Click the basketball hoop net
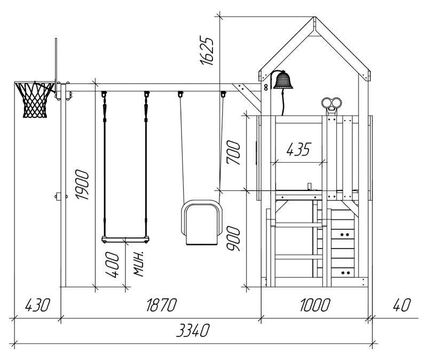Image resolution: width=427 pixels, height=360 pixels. pos(35,100)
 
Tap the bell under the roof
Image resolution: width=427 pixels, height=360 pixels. pos(283,80)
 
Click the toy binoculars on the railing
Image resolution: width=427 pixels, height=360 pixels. pos(331,103)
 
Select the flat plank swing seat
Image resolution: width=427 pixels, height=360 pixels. pos(125,239)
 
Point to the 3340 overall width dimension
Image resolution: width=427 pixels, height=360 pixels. pos(193,330)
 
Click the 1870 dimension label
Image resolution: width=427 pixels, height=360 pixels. pos(162,305)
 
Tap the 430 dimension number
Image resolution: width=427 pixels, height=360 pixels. pos(37,305)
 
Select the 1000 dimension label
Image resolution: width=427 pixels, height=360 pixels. pos(315,305)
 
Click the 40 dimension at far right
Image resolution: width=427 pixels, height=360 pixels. pos(402,305)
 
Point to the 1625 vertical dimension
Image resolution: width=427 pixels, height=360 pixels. pos(207,50)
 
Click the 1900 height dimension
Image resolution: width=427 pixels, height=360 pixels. pos(82,185)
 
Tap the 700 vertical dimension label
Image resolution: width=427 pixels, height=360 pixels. pos(234,153)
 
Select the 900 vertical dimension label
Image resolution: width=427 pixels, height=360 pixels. pos(234,239)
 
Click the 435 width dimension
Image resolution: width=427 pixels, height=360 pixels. pos(298,149)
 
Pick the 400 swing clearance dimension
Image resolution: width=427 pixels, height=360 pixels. pos(112,265)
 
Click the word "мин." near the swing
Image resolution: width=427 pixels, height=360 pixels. pos(139,264)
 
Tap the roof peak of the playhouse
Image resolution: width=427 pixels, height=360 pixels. pos(315,18)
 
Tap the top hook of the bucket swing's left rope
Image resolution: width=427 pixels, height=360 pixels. pos(180,94)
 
